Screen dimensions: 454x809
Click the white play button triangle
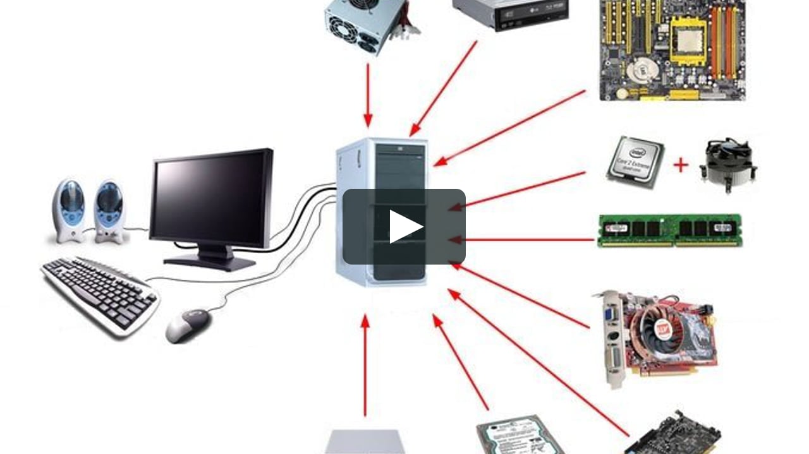pos(404,227)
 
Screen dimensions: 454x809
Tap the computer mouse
pos(188,325)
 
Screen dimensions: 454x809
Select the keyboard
pos(99,294)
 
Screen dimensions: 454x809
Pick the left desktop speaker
pos(69,210)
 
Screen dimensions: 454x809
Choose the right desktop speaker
pos(109,211)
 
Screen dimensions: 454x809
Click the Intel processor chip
pos(635,162)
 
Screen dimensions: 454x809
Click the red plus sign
pos(680,165)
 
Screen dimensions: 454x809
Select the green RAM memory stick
pos(670,229)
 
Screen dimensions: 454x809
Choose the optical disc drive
pos(510,13)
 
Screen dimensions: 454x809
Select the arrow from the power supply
pos(368,95)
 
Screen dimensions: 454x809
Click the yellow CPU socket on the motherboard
pos(688,39)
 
